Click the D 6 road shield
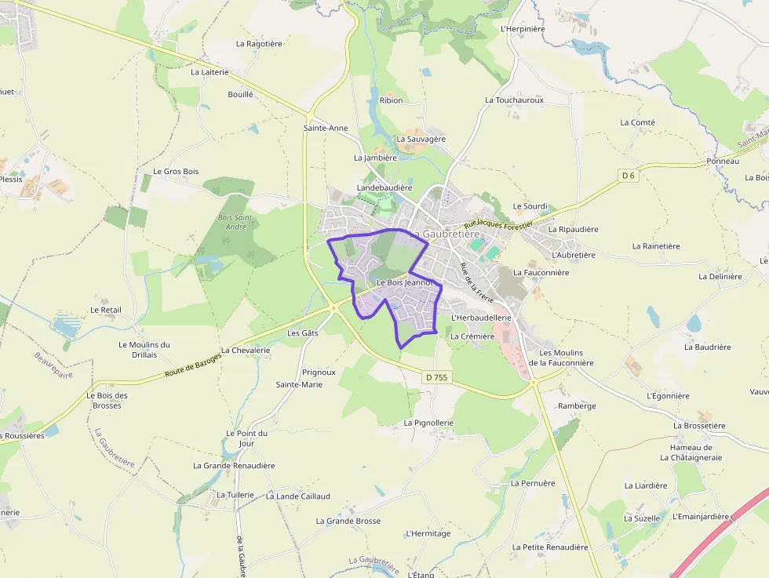point(628,176)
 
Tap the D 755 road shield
point(438,377)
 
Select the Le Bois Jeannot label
point(405,282)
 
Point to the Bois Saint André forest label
point(236,222)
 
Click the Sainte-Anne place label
point(326,128)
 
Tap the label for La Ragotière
point(259,44)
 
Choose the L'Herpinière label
point(523,29)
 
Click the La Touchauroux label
point(515,100)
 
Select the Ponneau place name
point(723,161)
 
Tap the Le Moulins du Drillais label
point(144,349)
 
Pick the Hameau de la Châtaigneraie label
point(691,453)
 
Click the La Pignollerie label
point(428,423)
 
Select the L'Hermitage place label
point(428,533)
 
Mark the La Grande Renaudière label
point(234,465)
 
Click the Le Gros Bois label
point(176,171)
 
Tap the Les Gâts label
point(303,333)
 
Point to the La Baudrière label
point(707,347)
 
